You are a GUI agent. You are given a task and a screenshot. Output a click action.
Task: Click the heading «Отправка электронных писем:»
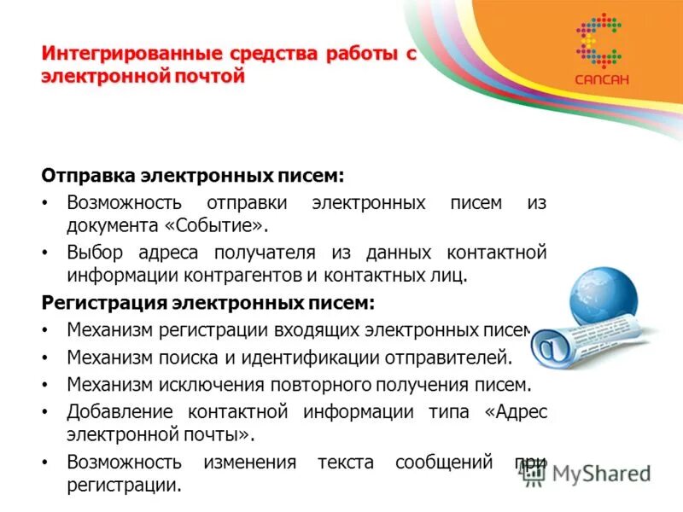pos(193,176)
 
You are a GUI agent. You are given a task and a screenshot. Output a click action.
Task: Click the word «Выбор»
pos(95,253)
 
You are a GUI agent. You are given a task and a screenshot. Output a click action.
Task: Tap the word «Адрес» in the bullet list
pos(517,411)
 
